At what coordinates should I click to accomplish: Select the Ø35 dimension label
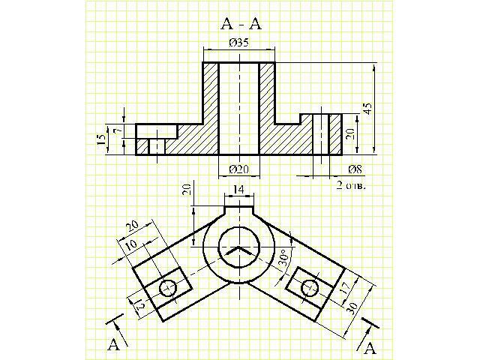[x=238, y=43]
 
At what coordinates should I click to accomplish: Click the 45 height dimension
[x=367, y=107]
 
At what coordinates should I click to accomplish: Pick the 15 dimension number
[x=102, y=140]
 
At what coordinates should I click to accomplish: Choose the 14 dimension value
[x=238, y=190]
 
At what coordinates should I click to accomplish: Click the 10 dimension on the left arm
[x=130, y=246]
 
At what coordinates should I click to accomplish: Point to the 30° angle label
[x=283, y=260]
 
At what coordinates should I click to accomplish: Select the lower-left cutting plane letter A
[x=113, y=344]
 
